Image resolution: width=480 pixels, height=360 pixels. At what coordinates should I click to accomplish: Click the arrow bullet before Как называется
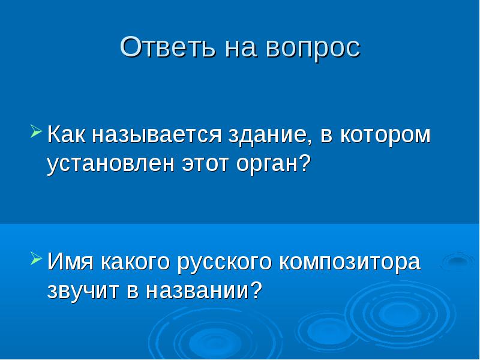(36, 131)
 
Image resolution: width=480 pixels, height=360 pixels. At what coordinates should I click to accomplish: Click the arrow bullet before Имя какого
(36, 258)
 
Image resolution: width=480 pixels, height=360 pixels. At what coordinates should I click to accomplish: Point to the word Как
(66, 134)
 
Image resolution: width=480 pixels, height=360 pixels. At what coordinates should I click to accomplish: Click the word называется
(157, 136)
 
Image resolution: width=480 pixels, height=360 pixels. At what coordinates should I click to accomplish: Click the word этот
(205, 164)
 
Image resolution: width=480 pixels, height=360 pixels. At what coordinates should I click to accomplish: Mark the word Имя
(70, 261)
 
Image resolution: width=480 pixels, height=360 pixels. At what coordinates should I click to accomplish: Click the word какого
(134, 263)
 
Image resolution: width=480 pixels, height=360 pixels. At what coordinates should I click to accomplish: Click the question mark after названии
(256, 290)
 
